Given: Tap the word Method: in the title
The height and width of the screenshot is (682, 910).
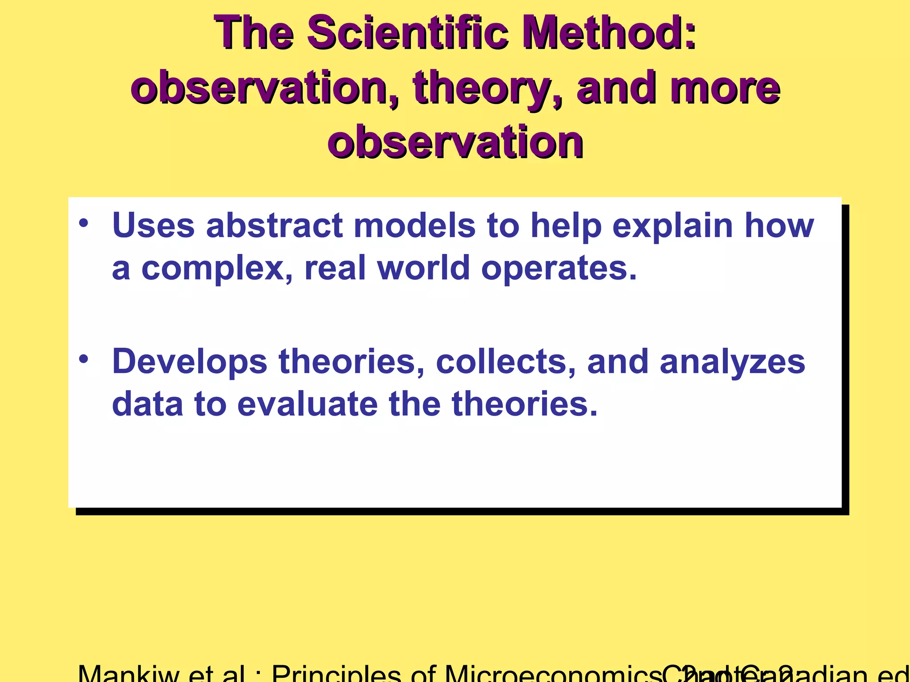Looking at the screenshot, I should [x=609, y=33].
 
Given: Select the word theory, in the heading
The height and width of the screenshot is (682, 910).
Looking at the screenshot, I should [x=488, y=89].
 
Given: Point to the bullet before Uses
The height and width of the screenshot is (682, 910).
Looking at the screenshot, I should [x=84, y=223].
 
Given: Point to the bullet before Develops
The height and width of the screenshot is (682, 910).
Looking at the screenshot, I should [x=84, y=359].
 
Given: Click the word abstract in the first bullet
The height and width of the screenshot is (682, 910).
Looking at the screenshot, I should [x=274, y=226].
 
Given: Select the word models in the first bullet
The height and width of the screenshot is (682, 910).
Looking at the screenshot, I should [x=414, y=226].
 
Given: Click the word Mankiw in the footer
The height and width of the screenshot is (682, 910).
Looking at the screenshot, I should [x=128, y=674].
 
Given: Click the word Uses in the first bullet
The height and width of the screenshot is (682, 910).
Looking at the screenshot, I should [x=153, y=226].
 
